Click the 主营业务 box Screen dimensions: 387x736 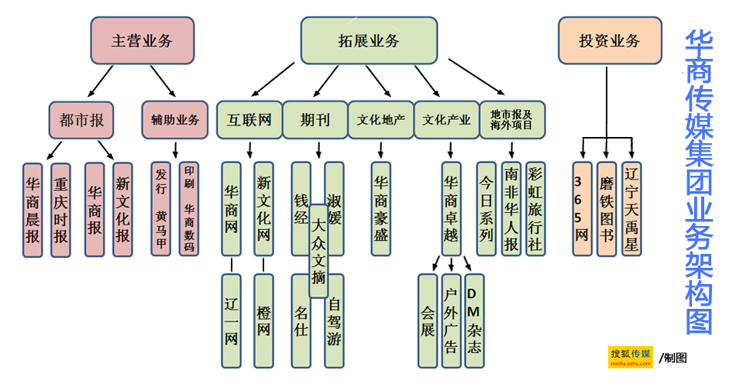click(x=142, y=41)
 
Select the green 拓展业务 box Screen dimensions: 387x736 click(x=369, y=41)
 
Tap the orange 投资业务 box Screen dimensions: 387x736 click(x=610, y=41)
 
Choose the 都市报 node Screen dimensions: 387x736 click(x=81, y=120)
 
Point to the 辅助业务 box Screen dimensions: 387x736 click(x=175, y=120)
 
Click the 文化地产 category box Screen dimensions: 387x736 click(x=380, y=120)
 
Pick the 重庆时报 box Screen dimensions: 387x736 click(x=60, y=209)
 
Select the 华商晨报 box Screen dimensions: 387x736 click(x=33, y=209)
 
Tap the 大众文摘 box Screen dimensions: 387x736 click(x=318, y=251)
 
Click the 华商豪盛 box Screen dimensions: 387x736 click(x=380, y=208)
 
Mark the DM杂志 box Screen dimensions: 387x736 click(x=474, y=320)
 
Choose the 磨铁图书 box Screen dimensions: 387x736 click(x=607, y=208)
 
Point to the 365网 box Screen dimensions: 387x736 click(x=582, y=208)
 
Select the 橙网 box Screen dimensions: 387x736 click(x=263, y=320)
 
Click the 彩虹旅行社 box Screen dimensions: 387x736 click(x=535, y=208)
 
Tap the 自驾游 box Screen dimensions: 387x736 click(x=335, y=320)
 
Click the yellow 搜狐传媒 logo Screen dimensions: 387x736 click(x=631, y=357)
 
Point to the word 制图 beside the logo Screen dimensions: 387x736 click(x=675, y=358)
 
